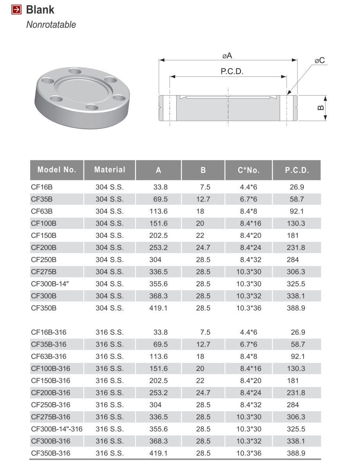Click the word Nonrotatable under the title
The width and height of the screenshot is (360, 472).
click(51, 25)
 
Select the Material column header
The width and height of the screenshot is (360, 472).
click(110, 170)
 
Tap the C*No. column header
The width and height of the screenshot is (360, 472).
click(249, 170)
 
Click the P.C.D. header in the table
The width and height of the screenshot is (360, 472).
click(297, 170)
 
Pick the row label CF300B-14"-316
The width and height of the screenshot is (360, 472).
click(57, 429)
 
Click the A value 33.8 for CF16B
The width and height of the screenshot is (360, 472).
click(161, 187)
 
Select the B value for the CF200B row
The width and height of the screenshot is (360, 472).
click(203, 248)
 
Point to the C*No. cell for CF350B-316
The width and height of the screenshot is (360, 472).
click(249, 453)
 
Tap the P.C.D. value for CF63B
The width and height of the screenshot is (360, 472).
click(297, 212)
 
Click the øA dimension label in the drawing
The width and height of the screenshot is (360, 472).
click(227, 56)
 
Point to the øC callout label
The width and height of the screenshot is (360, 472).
click(320, 61)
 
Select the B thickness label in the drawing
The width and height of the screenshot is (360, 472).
click(321, 107)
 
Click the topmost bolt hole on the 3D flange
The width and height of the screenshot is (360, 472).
click(74, 72)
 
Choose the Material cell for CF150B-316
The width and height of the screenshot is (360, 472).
click(110, 380)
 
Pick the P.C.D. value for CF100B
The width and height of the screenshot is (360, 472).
click(297, 224)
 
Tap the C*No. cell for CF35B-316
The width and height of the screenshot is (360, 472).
click(249, 344)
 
